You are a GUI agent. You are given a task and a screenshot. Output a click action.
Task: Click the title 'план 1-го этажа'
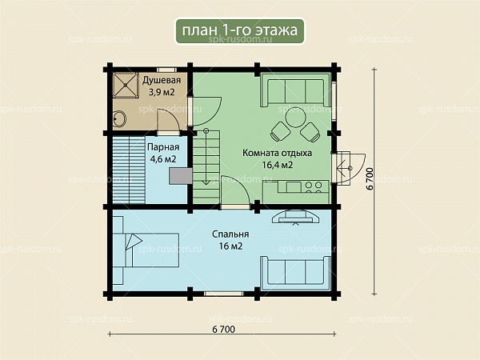(x=240, y=30)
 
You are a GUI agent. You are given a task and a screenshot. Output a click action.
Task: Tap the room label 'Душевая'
(x=162, y=80)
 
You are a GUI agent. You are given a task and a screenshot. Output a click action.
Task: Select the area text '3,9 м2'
(x=162, y=92)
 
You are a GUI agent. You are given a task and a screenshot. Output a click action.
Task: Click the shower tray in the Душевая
(x=125, y=85)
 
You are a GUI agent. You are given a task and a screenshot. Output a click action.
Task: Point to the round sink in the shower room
(x=119, y=119)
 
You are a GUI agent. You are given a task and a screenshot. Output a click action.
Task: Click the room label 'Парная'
(x=163, y=147)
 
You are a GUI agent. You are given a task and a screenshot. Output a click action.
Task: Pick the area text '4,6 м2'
(x=163, y=159)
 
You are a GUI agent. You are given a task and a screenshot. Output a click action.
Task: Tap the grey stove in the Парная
(x=181, y=177)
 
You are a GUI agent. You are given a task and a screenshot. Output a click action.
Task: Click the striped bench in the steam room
(x=129, y=170)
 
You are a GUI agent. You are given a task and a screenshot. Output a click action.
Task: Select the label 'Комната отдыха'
(x=277, y=153)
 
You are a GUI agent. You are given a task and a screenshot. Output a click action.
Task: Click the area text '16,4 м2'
(x=278, y=166)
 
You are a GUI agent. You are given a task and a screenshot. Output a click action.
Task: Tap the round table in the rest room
(x=296, y=117)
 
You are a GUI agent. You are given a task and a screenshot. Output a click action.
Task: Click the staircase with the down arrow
(x=206, y=167)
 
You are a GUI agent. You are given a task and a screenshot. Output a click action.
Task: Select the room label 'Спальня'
(x=230, y=234)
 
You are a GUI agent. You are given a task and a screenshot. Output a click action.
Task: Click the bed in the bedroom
(x=146, y=250)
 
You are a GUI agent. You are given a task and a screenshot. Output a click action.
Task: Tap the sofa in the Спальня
(x=295, y=273)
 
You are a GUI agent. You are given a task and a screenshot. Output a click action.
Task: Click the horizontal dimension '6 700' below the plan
(x=223, y=330)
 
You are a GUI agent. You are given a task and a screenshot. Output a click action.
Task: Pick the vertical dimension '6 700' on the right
(x=370, y=179)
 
